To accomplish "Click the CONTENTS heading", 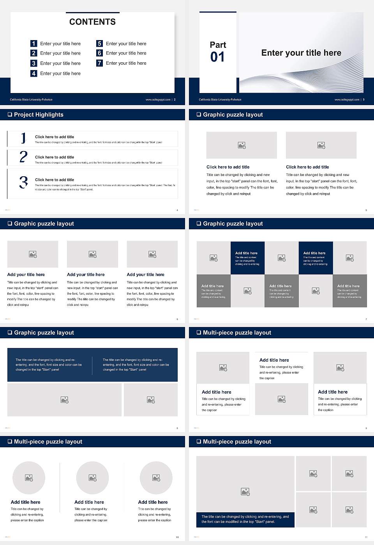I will pos(92,22).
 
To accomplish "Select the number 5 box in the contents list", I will pos(99,44).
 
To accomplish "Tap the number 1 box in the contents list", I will pos(34,44).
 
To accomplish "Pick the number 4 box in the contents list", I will pos(34,73).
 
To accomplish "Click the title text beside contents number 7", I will pos(126,63).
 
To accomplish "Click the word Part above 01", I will pos(218,45).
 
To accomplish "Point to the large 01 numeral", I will pos(217,57).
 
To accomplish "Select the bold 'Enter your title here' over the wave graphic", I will pos(301,53).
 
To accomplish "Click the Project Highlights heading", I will pos(39,114).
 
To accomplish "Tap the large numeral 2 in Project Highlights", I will pos(23,157).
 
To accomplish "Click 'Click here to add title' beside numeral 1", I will pos(55,137).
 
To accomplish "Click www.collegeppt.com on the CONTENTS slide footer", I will pos(158,100).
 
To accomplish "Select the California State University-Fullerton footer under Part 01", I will pos(220,100).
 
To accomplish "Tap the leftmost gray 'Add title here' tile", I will pos(213,291).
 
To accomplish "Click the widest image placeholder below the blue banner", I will pos(65,400).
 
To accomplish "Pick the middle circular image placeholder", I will pos(92,478).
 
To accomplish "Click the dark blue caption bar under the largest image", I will pos(245,519).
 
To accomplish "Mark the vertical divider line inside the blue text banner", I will pos(92,365).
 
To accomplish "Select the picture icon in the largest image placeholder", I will pos(245,492).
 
